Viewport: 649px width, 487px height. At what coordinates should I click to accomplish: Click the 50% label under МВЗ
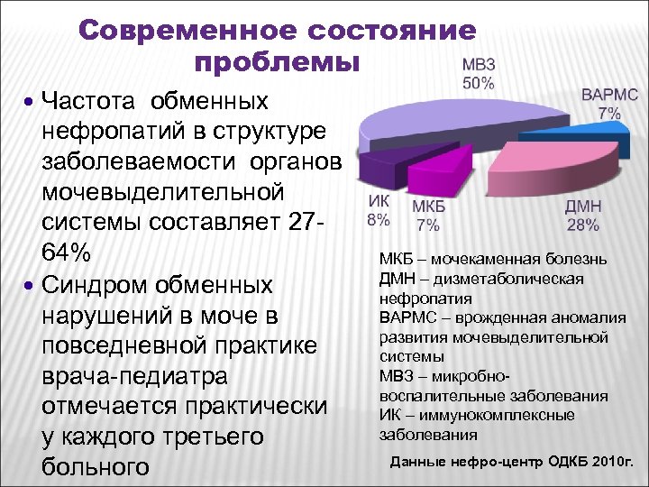click(478, 83)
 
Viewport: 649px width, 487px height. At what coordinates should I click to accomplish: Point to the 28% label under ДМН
click(582, 224)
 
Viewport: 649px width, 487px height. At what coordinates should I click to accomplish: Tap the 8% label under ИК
click(378, 219)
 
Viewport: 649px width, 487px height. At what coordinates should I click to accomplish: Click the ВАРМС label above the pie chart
click(609, 94)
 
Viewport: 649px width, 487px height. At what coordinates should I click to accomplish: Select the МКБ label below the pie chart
click(428, 207)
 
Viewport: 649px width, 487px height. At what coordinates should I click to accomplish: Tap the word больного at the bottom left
click(95, 467)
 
